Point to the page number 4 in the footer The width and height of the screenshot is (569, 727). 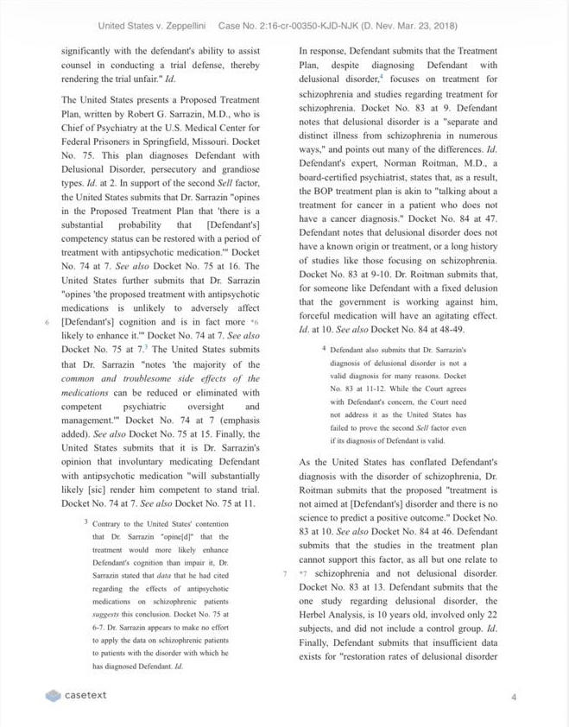point(513,696)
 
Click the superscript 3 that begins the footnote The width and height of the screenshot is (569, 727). point(86,522)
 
